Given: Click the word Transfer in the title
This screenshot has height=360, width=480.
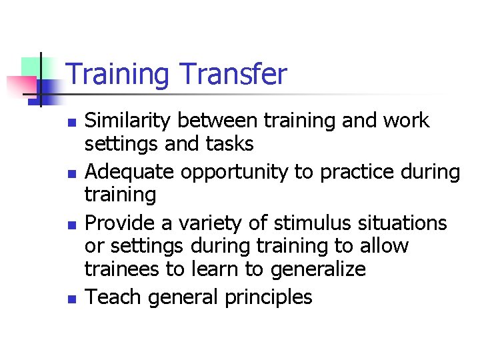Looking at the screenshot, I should [x=233, y=74].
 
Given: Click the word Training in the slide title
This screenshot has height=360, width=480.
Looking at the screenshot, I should [x=117, y=75].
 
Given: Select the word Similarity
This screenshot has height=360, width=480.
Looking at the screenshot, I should [x=129, y=121].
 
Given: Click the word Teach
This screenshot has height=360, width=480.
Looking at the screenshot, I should [x=114, y=296].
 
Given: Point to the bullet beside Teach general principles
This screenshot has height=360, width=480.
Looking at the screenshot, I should [x=72, y=299].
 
